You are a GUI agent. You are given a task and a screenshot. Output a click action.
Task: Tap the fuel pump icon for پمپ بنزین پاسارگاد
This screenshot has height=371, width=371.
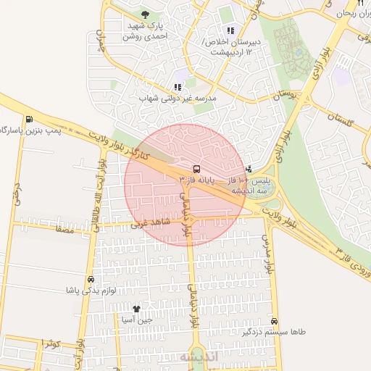[x=28, y=120]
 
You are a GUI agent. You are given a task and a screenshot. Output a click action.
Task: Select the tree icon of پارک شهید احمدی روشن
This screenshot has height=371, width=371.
[x=146, y=14]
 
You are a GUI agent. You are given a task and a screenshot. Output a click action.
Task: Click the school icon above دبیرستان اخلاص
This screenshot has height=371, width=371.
[x=230, y=30]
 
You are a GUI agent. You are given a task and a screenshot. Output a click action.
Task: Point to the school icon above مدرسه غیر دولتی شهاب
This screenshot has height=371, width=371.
[x=177, y=87]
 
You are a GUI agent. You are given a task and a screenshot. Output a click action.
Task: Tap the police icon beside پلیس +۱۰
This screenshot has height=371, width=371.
[x=249, y=168]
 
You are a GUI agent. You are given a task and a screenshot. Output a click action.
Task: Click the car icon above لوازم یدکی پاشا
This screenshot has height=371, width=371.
[x=90, y=279]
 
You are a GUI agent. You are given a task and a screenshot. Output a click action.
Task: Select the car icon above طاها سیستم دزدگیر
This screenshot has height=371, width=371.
[x=274, y=320]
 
